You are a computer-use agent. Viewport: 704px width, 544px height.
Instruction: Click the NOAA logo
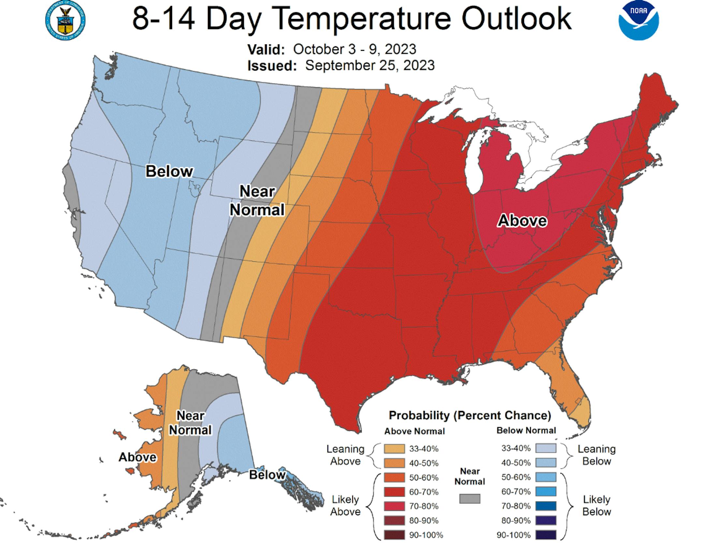pos(638,21)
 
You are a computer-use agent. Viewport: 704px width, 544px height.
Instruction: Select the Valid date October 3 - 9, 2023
pos(354,50)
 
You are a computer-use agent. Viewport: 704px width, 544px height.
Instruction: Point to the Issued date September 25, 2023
pos(370,65)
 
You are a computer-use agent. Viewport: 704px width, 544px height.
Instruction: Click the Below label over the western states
pos(169,171)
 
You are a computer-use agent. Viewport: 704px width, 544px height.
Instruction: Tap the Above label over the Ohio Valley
pos(522,221)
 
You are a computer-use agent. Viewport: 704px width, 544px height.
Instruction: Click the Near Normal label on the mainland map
pos(257,201)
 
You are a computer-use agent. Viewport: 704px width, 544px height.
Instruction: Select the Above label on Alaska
pos(137,457)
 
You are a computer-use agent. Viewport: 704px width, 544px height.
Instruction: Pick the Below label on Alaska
pos(267,475)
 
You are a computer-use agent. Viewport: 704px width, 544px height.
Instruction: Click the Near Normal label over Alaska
pos(190,423)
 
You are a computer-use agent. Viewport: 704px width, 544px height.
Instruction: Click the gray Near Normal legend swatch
pos(470,499)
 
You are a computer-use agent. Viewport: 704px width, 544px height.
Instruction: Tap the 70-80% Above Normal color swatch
pos(394,506)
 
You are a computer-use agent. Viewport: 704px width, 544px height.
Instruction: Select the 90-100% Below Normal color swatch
pos(546,535)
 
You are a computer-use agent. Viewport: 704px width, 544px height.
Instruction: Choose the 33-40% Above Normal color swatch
pos(394,449)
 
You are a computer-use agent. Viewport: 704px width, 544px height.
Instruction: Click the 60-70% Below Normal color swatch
pos(546,491)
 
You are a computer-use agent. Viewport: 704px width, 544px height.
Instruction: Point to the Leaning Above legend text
pos(345,455)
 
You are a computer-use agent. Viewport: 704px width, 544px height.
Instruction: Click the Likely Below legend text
pos(596,505)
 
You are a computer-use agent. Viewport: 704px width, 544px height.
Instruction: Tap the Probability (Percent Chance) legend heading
pos(470,416)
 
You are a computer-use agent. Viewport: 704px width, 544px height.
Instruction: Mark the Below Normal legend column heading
pos(526,431)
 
